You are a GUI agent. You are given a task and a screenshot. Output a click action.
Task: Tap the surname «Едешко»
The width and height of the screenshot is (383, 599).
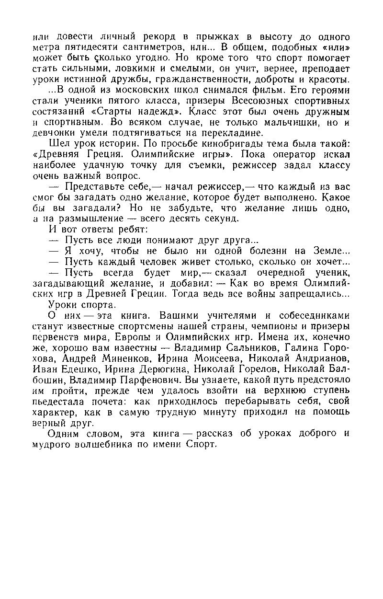click(x=78, y=369)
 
